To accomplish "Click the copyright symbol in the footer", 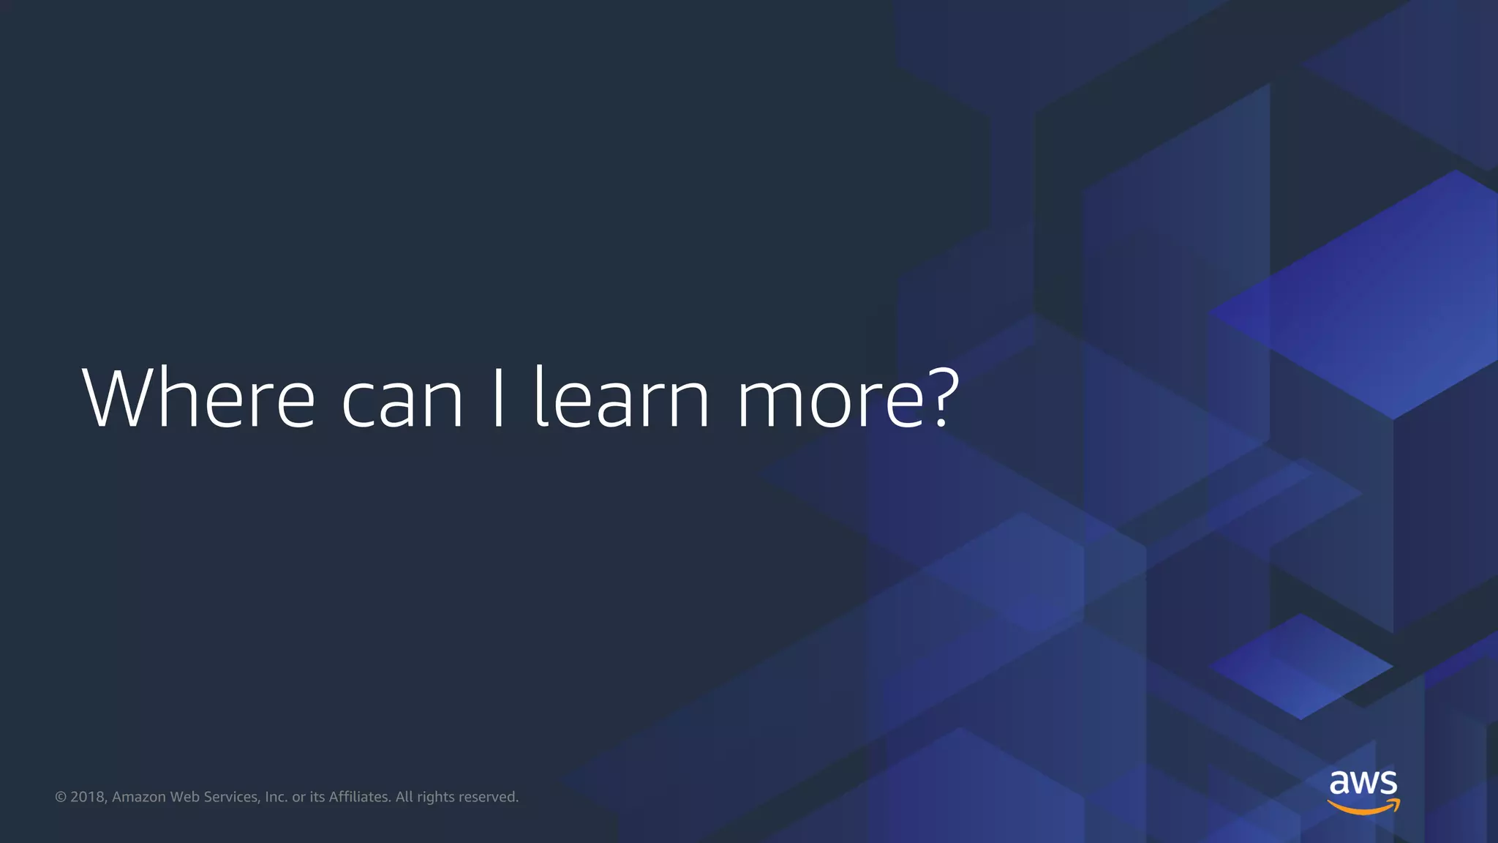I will click(x=61, y=797).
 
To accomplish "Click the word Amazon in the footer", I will click(x=139, y=797).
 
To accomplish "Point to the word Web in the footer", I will click(x=184, y=797).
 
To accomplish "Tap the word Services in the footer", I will click(x=231, y=797).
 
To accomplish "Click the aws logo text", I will click(x=1363, y=782).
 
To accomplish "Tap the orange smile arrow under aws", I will click(x=1363, y=806).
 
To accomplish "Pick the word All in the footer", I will click(x=404, y=797).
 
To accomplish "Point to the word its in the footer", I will click(x=317, y=797).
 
